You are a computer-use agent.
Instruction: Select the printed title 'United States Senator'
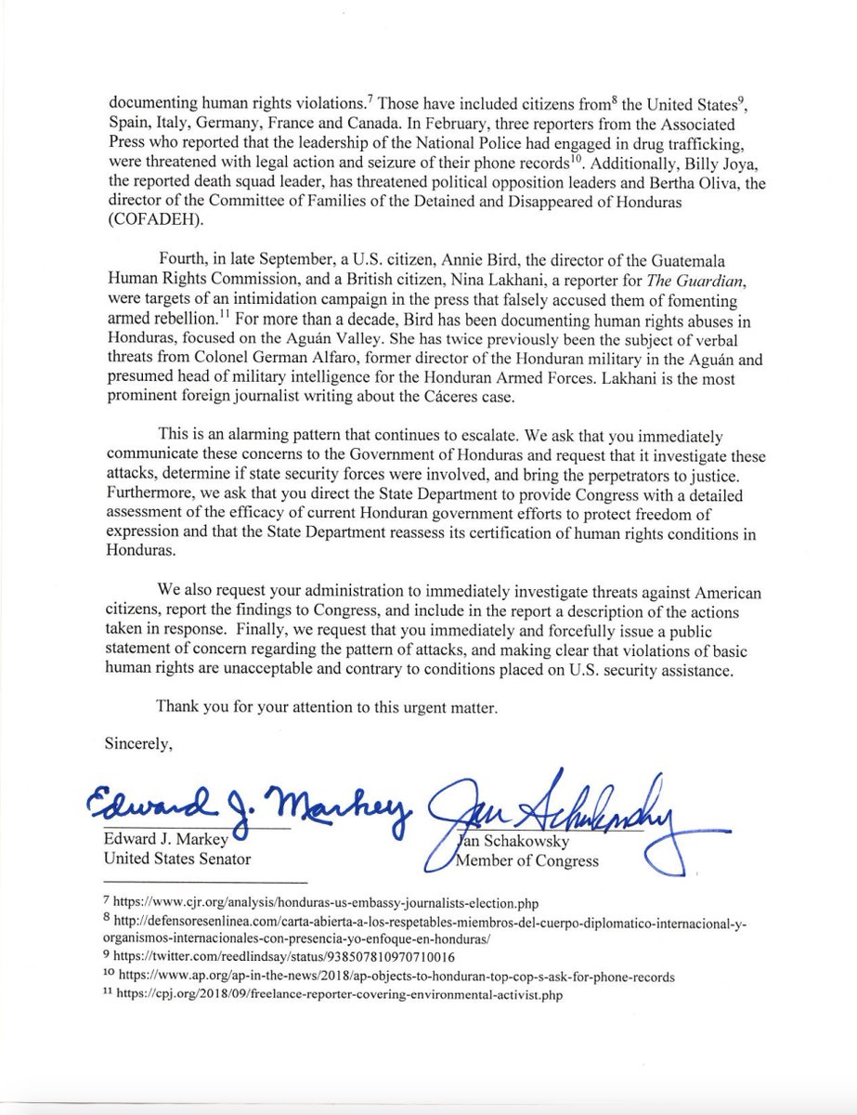coord(177,859)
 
